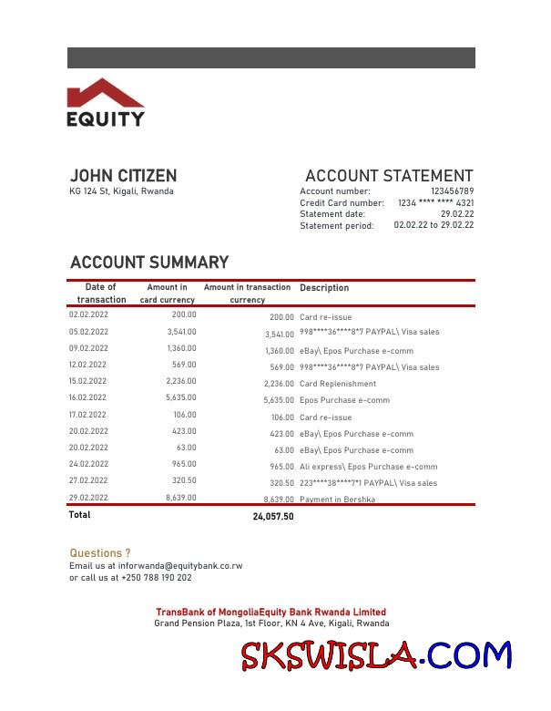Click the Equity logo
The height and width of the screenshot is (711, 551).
click(106, 102)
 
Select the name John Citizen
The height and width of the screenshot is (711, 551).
click(123, 176)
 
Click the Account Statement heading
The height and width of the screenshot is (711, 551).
click(389, 176)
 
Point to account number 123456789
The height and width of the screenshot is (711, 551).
click(452, 191)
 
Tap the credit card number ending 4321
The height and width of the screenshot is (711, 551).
click(435, 202)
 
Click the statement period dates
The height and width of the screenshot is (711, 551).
click(434, 225)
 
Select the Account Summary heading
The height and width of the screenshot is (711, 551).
click(149, 263)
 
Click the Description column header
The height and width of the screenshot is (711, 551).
click(324, 288)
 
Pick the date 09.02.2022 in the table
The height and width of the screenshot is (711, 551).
click(88, 348)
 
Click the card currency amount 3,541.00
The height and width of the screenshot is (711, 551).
click(181, 332)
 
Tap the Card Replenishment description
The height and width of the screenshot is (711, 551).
click(337, 384)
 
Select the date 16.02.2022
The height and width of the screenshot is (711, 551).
click(88, 398)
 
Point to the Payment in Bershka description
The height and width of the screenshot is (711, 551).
click(337, 500)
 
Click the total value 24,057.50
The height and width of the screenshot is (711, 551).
click(273, 517)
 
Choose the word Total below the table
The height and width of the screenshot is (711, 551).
click(80, 515)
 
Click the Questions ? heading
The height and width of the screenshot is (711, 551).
click(100, 553)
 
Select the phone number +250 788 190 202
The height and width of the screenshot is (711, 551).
click(156, 578)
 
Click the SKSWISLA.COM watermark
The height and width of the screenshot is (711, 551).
click(376, 655)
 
